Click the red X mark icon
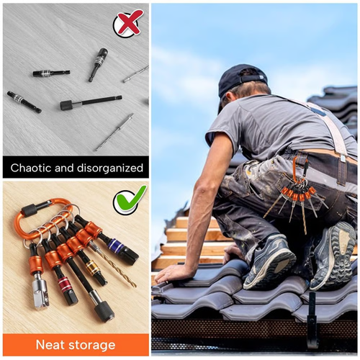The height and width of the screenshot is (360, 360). click(128, 22)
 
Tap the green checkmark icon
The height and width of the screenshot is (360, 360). click(130, 199)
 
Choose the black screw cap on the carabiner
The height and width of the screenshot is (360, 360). click(30, 210)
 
